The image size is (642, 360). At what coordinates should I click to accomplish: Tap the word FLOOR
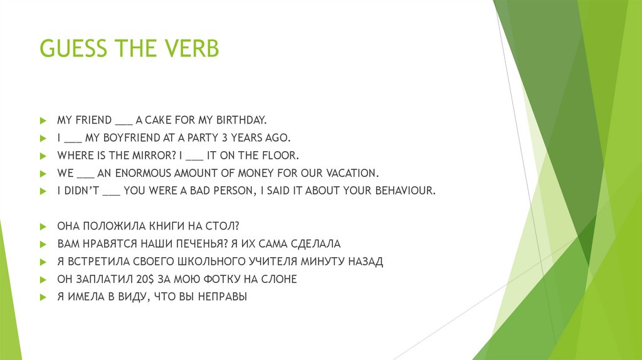coord(278,155)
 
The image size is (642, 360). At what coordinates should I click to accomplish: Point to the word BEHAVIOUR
coord(403,191)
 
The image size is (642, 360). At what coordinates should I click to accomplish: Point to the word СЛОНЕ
coord(280,279)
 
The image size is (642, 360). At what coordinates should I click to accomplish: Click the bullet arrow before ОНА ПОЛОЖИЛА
coord(43,226)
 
